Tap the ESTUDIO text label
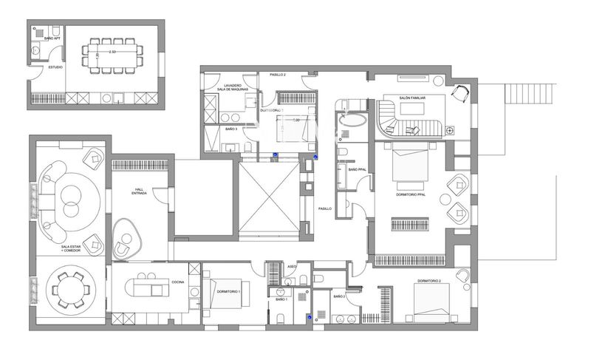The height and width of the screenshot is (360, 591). pos(55,67)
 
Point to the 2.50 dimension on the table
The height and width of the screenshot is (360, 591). pos(110,53)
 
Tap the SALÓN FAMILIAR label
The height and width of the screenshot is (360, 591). pos(414,98)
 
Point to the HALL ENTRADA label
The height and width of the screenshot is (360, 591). pos(139,191)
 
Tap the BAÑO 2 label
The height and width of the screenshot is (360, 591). pos(339,296)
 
